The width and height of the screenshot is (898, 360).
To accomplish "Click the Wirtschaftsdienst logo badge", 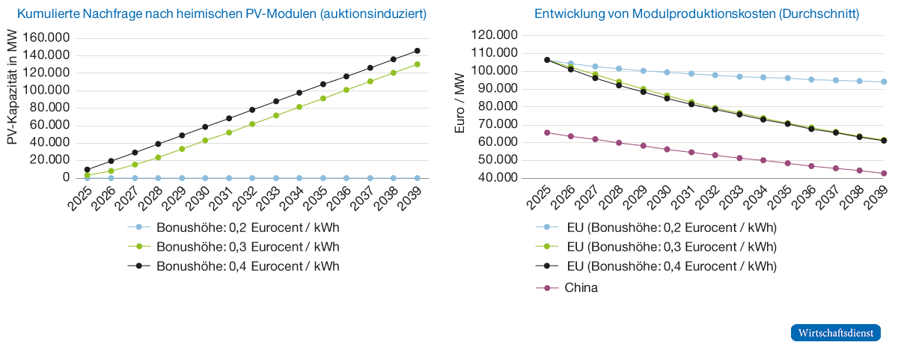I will click(x=835, y=333).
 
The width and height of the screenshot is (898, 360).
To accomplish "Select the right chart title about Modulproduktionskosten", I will click(x=697, y=14).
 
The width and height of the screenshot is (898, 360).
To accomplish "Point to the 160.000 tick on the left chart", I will click(x=47, y=37).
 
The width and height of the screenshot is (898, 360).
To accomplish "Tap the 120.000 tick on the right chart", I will click(x=496, y=35).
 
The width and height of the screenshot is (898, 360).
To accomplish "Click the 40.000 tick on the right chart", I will click(x=496, y=178).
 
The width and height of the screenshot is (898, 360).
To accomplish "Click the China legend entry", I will click(x=581, y=287).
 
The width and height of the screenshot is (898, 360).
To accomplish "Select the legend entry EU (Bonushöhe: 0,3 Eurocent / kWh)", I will click(x=671, y=246).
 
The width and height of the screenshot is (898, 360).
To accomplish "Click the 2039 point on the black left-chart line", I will click(x=417, y=51).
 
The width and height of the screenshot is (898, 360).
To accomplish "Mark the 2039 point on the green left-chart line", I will click(x=417, y=64).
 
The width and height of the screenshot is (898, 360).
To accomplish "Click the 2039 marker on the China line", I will click(x=883, y=173).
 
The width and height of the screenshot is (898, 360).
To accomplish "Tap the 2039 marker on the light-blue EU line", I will click(x=883, y=82).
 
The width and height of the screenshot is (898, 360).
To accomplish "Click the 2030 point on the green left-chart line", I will click(x=205, y=140).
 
